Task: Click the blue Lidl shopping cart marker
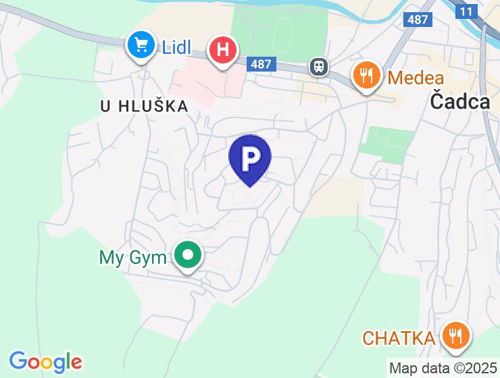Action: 141,46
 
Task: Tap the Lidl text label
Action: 177,47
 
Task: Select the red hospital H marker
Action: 223,51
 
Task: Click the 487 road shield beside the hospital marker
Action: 261,65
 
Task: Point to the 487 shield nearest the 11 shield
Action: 418,20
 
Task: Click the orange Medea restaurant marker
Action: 366,75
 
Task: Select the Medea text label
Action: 416,77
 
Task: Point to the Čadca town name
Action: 459,101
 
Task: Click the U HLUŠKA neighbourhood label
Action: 143,106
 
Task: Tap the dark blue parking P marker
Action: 250,159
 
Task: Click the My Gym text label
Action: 132,258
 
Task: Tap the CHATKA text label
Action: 398,337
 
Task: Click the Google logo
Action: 46,362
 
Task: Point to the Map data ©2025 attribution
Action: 443,369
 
